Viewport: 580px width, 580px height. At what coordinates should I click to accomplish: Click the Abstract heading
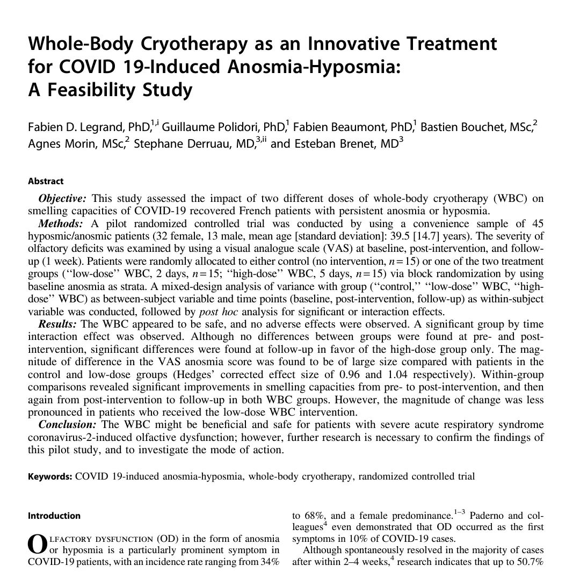[x=45, y=182]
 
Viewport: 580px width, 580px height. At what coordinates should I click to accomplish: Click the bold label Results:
[x=58, y=324]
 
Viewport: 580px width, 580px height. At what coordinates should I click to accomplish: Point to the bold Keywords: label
[x=50, y=476]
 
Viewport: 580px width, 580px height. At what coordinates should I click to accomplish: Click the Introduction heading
[x=54, y=516]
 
